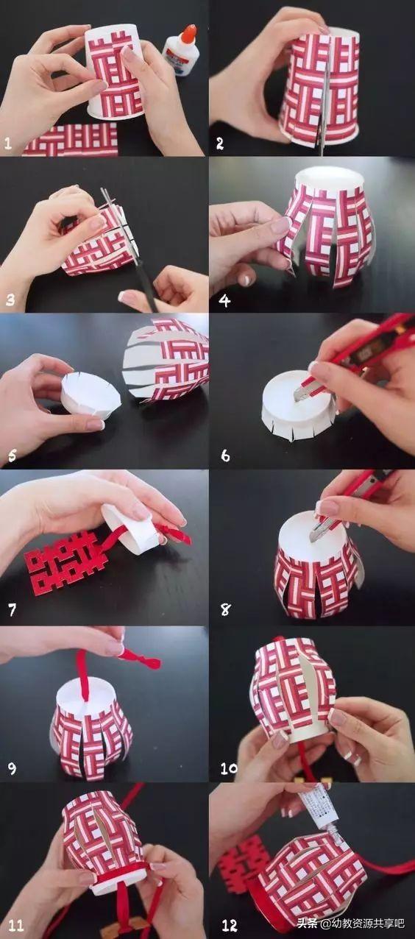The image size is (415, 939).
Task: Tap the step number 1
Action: pyautogui.click(x=7, y=144)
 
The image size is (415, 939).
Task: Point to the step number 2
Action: pyautogui.click(x=220, y=144)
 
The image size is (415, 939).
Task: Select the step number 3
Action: pyautogui.click(x=10, y=300)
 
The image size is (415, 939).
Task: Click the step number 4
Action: pyautogui.click(x=224, y=300)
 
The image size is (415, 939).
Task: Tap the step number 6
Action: pyautogui.click(x=225, y=456)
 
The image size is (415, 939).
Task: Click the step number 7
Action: pyautogui.click(x=13, y=610)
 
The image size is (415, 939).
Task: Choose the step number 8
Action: pyautogui.click(x=225, y=610)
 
